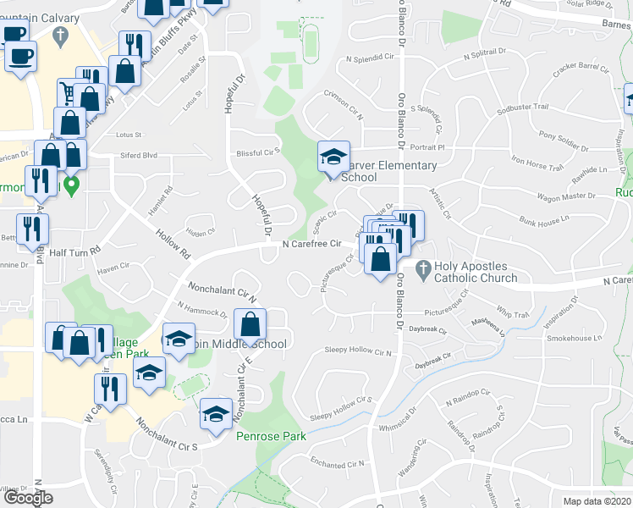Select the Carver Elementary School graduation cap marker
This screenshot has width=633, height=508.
tap(333, 157)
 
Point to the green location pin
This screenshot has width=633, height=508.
tap(72, 185)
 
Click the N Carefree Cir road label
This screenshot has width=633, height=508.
tap(316, 244)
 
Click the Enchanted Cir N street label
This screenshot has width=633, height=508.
tap(337, 464)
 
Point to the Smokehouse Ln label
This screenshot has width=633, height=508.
tap(573, 338)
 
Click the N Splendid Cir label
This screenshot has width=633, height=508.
tap(366, 59)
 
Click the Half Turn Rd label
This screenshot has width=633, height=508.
tap(74, 251)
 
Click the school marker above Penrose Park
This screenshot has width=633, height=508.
tap(216, 414)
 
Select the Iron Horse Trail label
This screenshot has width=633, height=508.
tap(537, 162)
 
